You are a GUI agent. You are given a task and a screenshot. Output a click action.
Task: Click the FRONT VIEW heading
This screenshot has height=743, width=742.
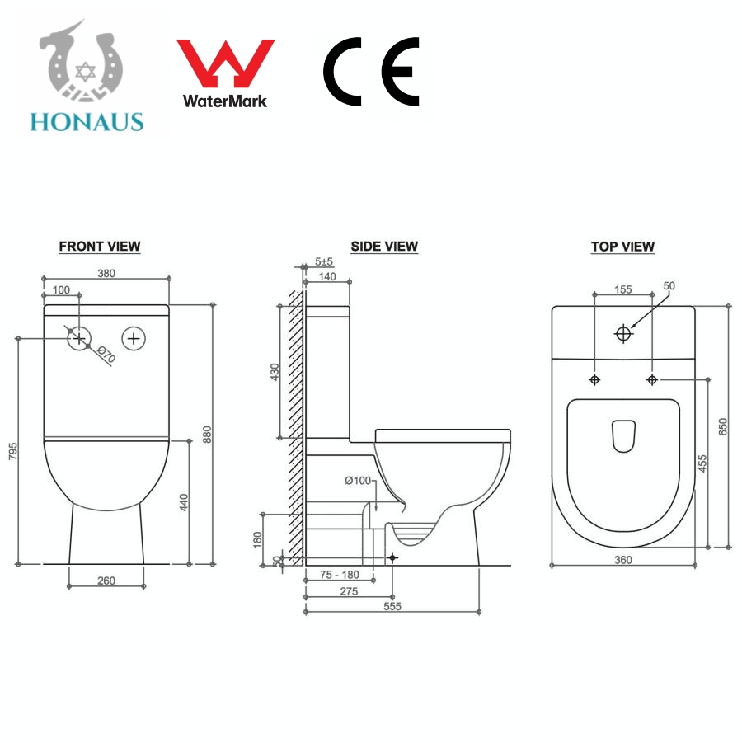coord(100,247)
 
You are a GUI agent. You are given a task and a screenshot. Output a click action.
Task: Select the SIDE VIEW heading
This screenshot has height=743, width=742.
coord(384,247)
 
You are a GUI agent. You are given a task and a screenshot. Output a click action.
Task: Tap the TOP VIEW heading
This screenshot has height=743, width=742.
coord(622,247)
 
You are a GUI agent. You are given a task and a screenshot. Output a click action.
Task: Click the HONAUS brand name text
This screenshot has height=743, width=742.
coord(87,122)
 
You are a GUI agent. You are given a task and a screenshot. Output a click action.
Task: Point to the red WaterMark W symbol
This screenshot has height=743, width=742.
coord(226,63)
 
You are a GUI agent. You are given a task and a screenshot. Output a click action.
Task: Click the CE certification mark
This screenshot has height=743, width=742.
coord(372,71)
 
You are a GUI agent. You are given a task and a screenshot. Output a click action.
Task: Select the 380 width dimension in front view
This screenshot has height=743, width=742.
coord(106,274)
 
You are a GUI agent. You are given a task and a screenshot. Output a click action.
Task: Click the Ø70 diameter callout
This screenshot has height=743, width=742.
coord(106,354)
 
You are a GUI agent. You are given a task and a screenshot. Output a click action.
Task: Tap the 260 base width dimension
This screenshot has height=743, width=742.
coord(106,581)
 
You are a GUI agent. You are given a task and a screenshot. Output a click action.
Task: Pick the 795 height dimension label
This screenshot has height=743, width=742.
coord(13,451)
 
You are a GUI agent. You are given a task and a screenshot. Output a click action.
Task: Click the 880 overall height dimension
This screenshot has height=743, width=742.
coord(207,435)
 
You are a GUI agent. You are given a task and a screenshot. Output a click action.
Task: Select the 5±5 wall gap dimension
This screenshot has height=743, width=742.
coord(324,261)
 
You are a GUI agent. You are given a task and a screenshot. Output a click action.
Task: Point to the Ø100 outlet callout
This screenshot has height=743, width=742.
coord(358,481)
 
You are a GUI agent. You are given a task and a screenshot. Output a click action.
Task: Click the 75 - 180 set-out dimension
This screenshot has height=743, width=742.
coord(339,575)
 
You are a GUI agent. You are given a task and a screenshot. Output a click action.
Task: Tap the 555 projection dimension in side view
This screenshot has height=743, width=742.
coord(392,606)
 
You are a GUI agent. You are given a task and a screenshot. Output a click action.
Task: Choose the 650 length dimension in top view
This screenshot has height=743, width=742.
coord(722,426)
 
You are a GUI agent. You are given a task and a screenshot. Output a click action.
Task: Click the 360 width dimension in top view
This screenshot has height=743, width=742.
coord(623,560)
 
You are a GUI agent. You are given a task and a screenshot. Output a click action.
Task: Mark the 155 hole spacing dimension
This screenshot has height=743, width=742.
coord(623,289)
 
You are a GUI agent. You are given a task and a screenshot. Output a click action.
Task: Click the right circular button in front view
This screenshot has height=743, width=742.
coord(134,339)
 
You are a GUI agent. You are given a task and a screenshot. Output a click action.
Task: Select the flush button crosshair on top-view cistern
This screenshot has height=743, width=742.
coord(623,334)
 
